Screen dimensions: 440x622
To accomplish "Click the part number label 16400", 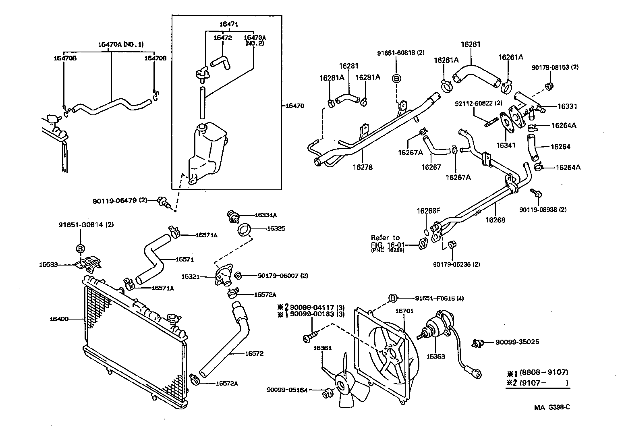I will tap(59, 319).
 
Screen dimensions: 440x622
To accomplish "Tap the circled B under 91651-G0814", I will tap(80, 248).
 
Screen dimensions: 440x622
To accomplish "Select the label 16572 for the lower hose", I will tap(254, 353).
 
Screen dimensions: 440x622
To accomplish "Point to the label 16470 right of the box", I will tap(294, 106).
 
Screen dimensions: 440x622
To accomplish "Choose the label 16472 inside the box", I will tap(223, 37).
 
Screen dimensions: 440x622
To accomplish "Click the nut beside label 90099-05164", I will tap(327, 393).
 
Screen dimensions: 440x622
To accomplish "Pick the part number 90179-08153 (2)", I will tap(555, 67).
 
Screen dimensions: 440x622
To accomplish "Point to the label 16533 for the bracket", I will tap(49, 265).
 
